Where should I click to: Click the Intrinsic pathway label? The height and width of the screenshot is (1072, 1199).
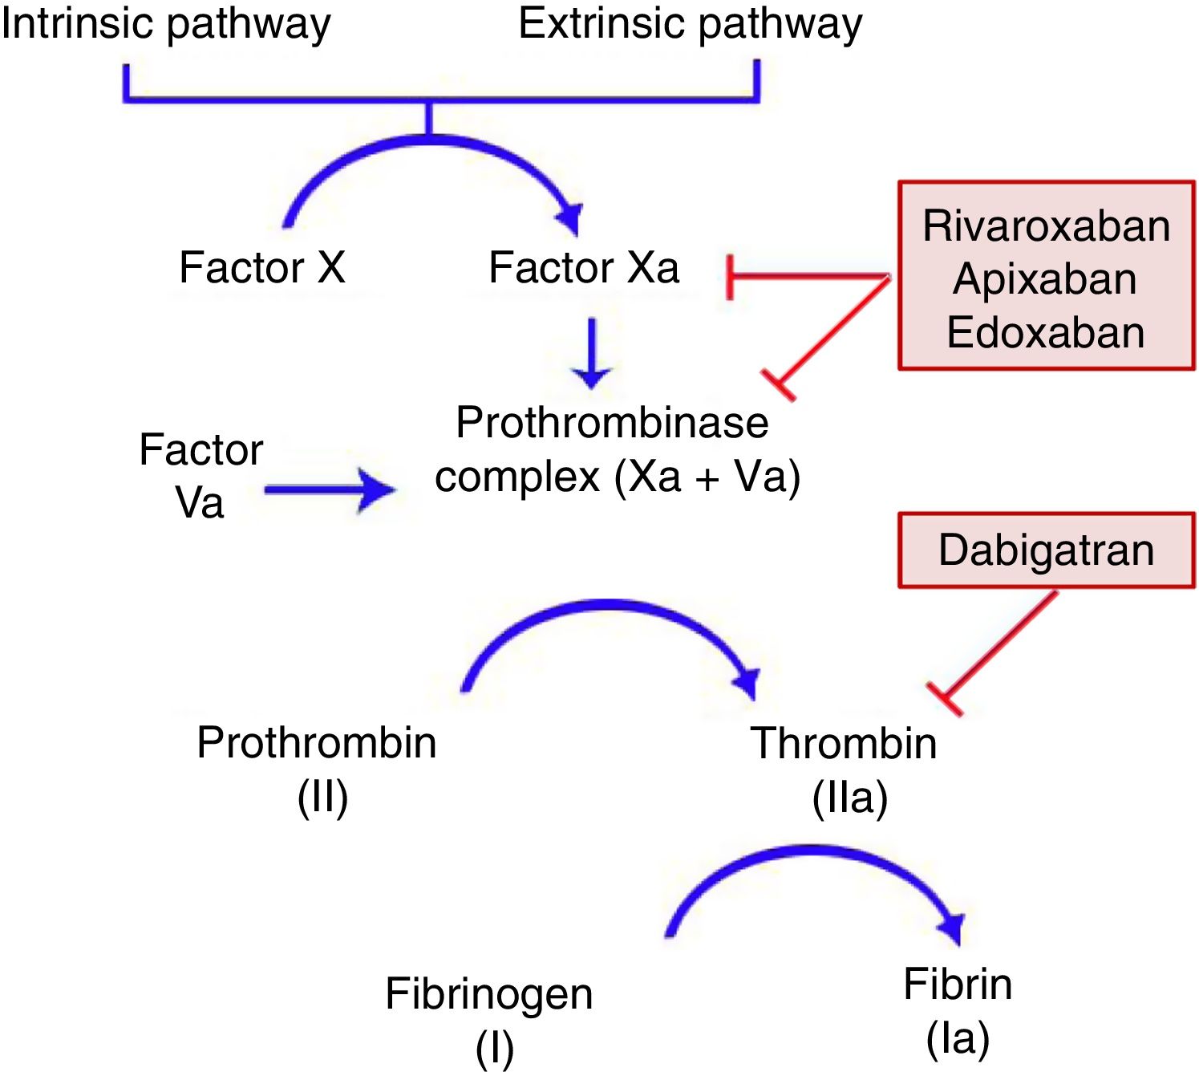pyautogui.click(x=165, y=24)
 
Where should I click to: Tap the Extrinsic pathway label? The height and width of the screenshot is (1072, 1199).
pyautogui.click(x=690, y=24)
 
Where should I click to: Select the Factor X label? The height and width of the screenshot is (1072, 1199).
pyautogui.click(x=261, y=267)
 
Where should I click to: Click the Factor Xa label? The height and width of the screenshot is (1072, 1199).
pyautogui.click(x=584, y=267)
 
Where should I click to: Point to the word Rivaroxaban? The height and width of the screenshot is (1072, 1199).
pyautogui.click(x=1046, y=225)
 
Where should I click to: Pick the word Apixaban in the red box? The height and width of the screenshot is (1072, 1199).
pyautogui.click(x=1045, y=279)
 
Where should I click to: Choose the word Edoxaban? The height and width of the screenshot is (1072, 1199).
pyautogui.click(x=1045, y=332)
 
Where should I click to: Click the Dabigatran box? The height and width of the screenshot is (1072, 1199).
pyautogui.click(x=1046, y=550)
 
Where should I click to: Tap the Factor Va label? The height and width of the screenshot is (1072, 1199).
pyautogui.click(x=201, y=476)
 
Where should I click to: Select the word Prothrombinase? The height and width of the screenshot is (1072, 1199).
pyautogui.click(x=612, y=422)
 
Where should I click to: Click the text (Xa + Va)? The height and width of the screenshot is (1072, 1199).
pyautogui.click(x=707, y=477)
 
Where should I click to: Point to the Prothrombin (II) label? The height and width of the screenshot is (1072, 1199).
pyautogui.click(x=317, y=768)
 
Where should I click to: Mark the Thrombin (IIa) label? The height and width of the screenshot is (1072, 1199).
pyautogui.click(x=845, y=768)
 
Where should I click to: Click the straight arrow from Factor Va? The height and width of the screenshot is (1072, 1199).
pyautogui.click(x=329, y=489)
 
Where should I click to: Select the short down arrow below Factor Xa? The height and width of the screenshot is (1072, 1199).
pyautogui.click(x=592, y=353)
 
